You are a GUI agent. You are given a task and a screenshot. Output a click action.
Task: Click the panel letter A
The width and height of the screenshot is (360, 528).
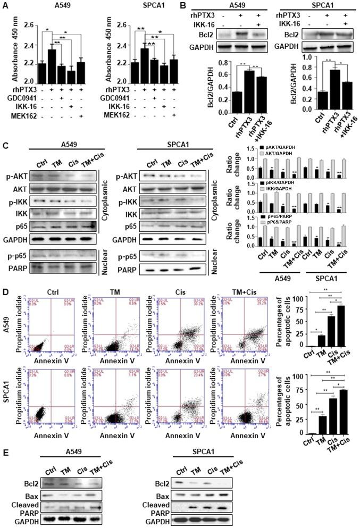5,5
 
